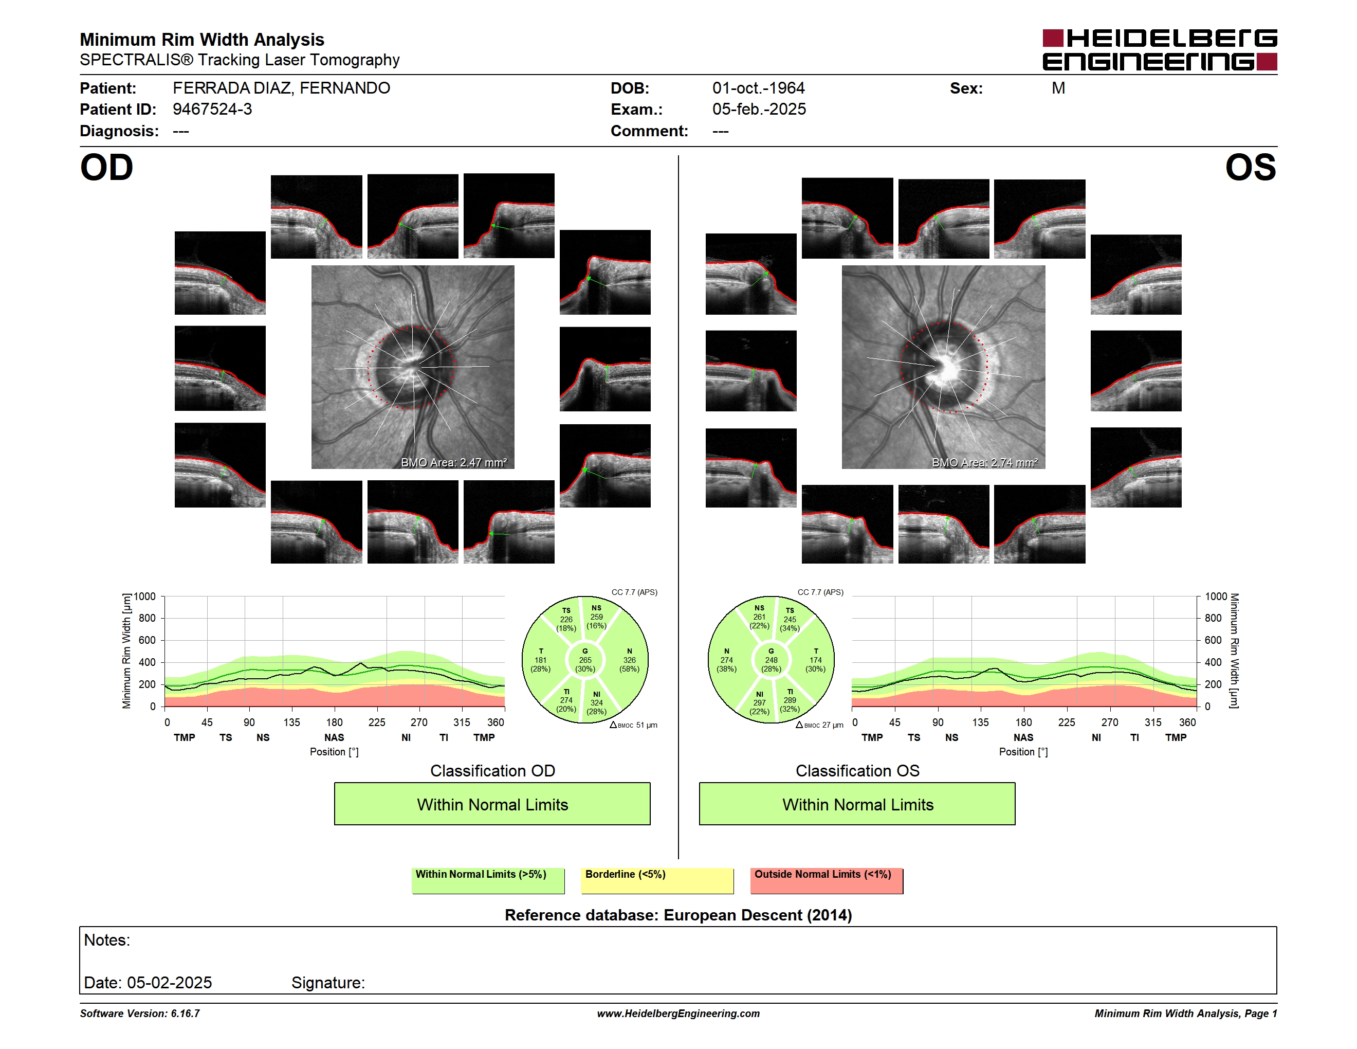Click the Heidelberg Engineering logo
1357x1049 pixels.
click(x=1160, y=50)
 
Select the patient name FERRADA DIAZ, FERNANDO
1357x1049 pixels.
click(x=281, y=88)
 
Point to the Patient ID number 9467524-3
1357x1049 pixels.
click(x=212, y=110)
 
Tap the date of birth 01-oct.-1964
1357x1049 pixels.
click(x=758, y=88)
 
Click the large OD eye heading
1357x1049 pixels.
click(x=106, y=168)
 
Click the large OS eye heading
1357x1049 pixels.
click(x=1250, y=168)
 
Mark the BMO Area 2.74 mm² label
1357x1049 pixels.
click(x=984, y=462)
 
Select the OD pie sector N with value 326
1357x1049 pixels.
click(x=629, y=660)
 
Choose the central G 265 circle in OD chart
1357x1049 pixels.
click(x=584, y=660)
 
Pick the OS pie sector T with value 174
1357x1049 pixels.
click(x=815, y=660)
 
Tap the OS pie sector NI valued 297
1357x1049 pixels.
click(x=759, y=703)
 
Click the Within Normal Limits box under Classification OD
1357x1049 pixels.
click(x=492, y=804)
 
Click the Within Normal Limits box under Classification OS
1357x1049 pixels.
click(x=857, y=804)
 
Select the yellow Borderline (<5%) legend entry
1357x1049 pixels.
click(x=657, y=880)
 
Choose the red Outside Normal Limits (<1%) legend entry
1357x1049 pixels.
click(x=827, y=880)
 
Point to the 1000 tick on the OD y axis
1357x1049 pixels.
click(x=145, y=596)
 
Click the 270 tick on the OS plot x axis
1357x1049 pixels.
click(x=1110, y=722)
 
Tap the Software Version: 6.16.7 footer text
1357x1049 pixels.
click(x=140, y=1014)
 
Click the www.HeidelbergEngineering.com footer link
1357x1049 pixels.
click(x=678, y=1014)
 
